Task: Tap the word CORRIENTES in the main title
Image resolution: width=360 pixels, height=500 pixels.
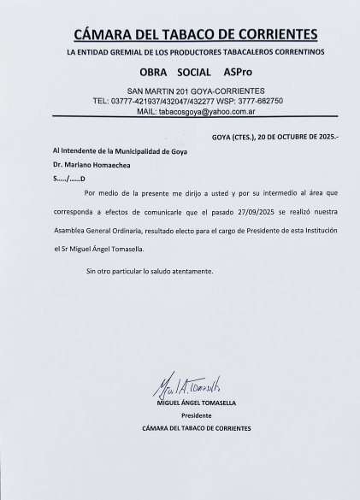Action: [x=275, y=35]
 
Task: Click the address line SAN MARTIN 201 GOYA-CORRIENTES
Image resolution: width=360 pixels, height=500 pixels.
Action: [x=195, y=91]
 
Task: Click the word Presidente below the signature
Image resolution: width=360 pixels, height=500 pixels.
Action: [x=196, y=415]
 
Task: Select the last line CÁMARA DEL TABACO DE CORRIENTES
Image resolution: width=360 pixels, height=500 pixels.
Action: [x=196, y=428]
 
